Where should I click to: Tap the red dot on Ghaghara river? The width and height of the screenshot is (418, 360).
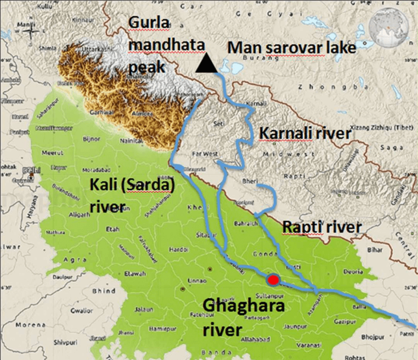(273, 279)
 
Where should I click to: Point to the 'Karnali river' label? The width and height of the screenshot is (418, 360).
(302, 133)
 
